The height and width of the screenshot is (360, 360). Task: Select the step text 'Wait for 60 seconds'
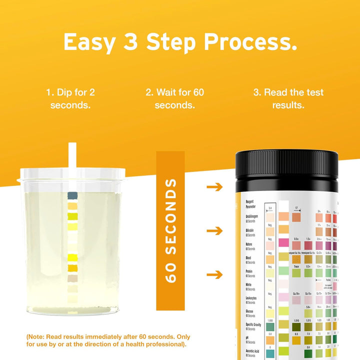coord(174,98)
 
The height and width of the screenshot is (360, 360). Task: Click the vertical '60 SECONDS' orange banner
coord(170,230)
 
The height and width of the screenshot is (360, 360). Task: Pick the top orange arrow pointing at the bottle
coord(214,187)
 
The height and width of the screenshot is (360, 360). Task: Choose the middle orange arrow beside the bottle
coord(214,230)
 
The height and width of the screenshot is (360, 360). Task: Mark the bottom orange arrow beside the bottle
coord(214,274)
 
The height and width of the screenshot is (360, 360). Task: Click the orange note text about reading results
coord(107,340)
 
